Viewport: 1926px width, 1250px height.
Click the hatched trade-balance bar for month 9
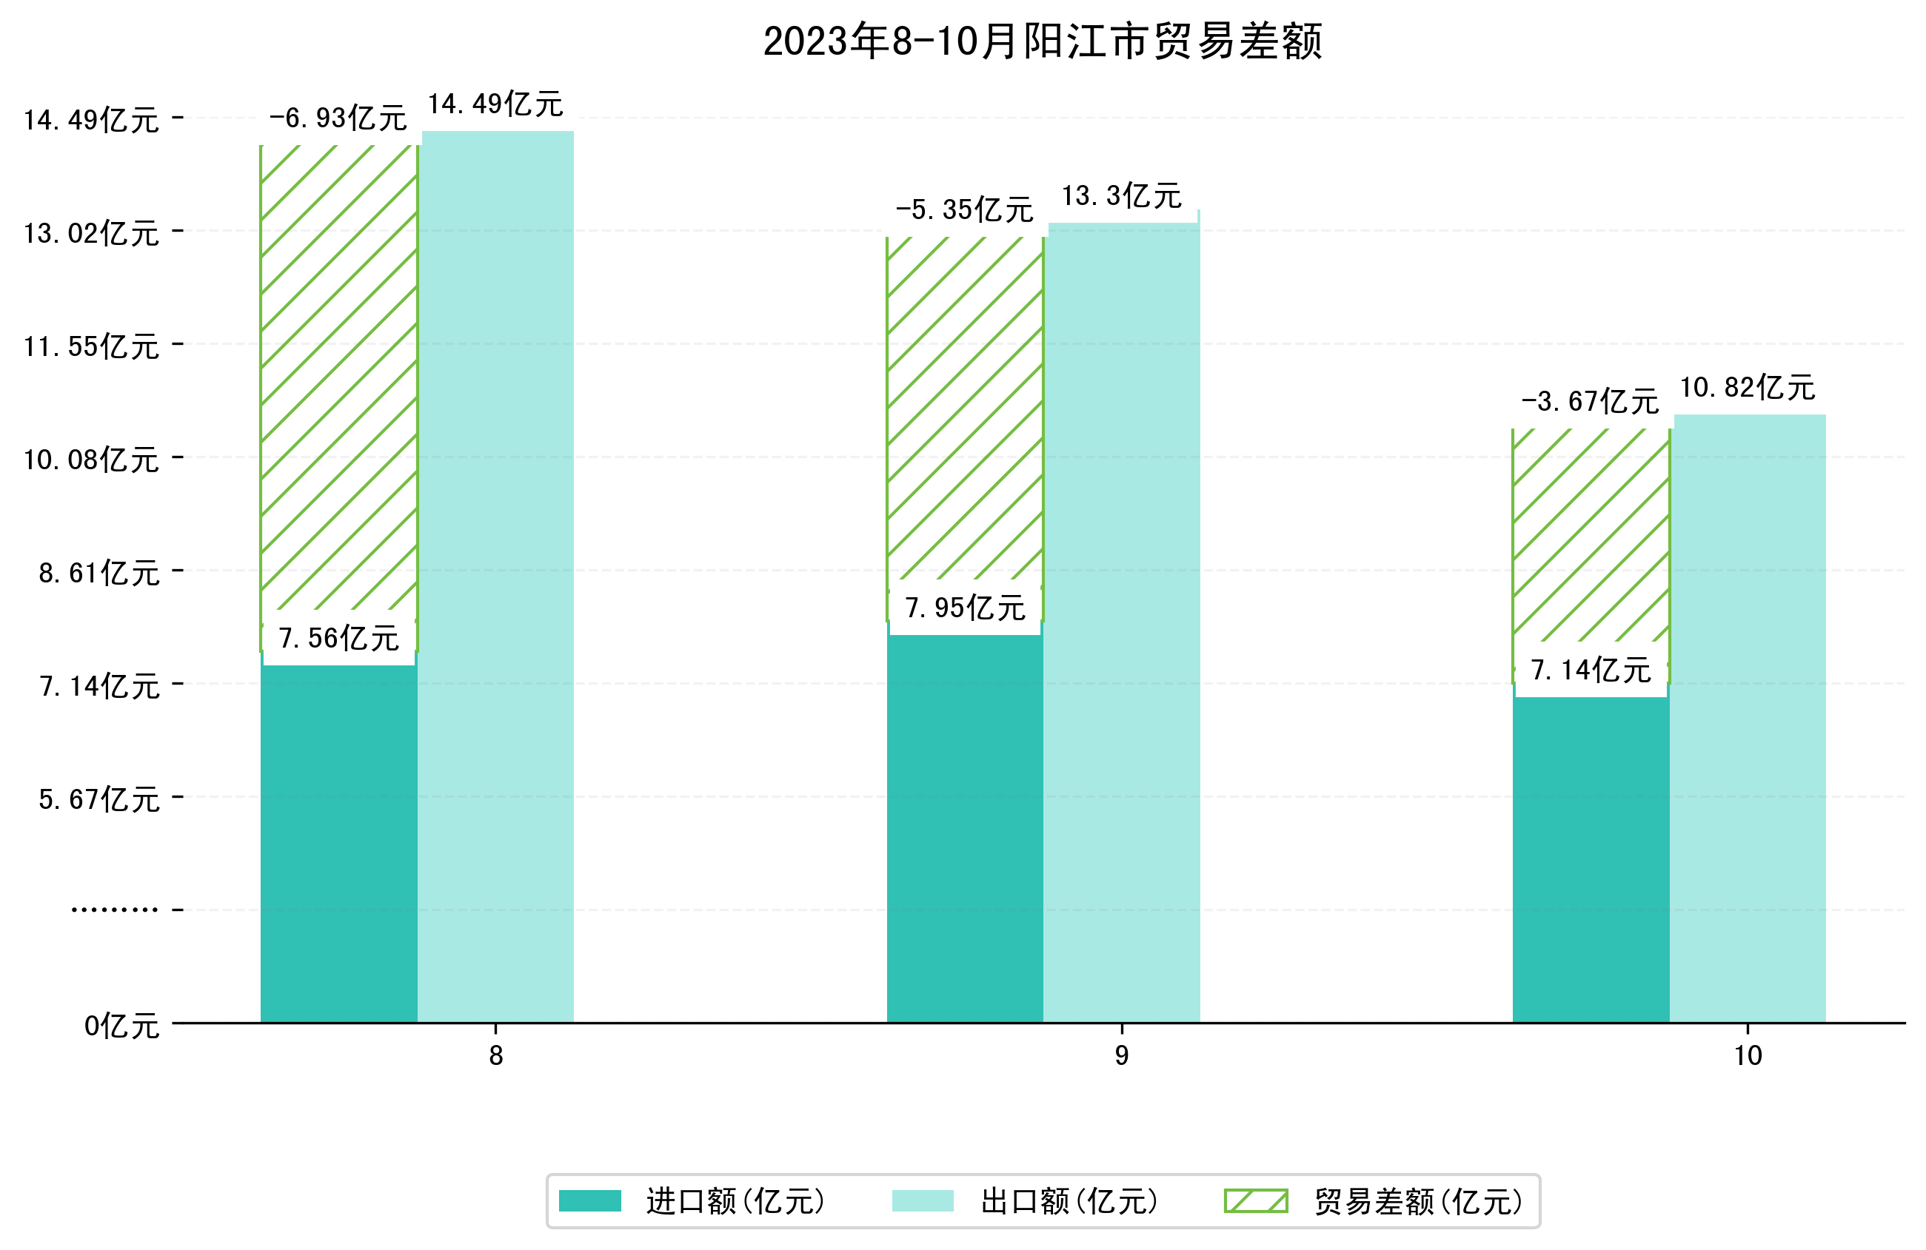(x=965, y=405)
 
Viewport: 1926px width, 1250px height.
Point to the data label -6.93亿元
(x=338, y=118)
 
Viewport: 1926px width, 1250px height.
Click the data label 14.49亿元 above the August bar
(x=495, y=104)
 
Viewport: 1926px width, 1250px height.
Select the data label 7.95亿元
(x=965, y=608)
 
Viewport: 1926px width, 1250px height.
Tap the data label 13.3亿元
(x=1122, y=196)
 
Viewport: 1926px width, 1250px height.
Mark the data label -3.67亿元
(x=1590, y=401)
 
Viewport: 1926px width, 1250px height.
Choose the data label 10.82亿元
(x=1747, y=388)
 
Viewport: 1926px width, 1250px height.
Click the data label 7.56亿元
(x=338, y=639)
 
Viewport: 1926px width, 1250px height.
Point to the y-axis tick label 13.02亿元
(x=91, y=233)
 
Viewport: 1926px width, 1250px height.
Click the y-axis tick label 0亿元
(x=121, y=1026)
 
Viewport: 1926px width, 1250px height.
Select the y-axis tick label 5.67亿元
(x=98, y=799)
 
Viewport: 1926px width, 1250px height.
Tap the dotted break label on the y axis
(x=114, y=910)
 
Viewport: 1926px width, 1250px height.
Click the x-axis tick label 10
(x=1747, y=1056)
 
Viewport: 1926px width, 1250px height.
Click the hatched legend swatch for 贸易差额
(x=1255, y=1200)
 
